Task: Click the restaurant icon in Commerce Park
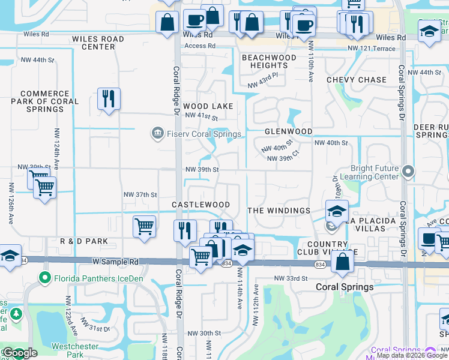click(109, 99)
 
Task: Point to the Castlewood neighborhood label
click(200, 205)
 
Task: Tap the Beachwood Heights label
click(269, 61)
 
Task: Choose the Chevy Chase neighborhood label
click(357, 80)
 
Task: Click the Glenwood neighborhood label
click(289, 131)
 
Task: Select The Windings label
click(279, 211)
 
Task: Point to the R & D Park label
click(84, 241)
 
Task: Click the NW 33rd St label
click(291, 278)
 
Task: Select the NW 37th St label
click(140, 194)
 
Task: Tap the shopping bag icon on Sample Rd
click(342, 262)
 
